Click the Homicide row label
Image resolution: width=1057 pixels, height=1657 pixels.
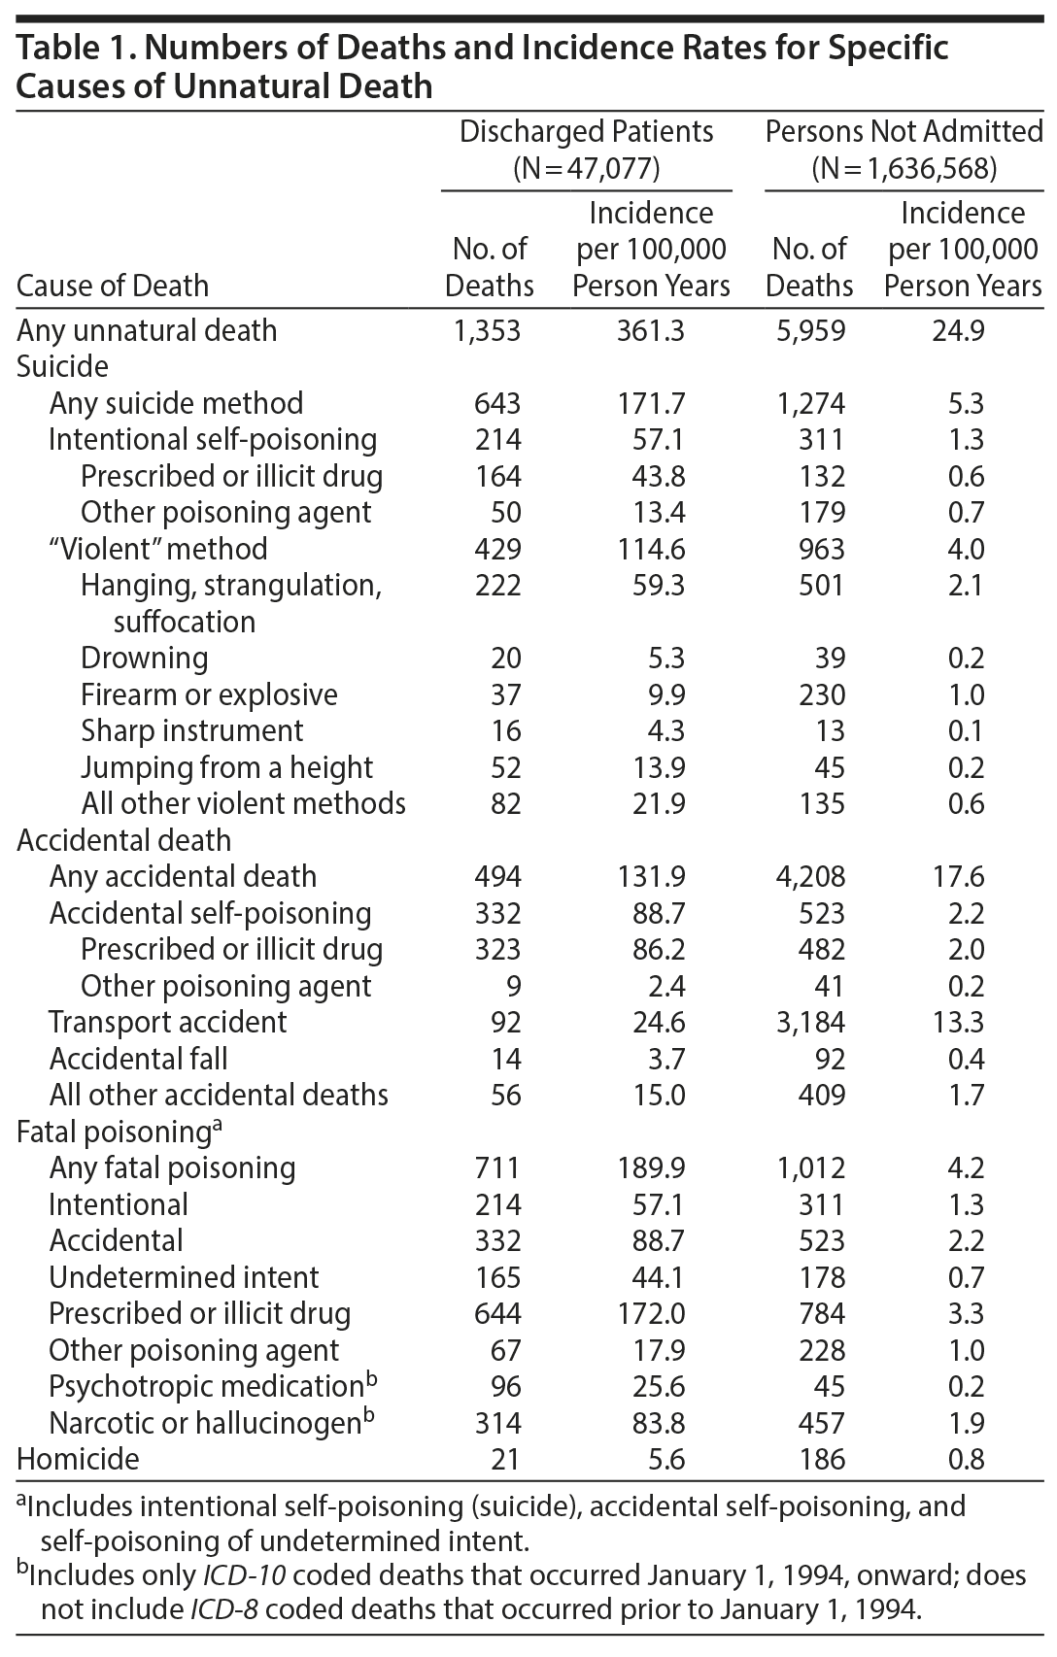(79, 1459)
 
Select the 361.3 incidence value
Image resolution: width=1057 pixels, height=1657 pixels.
(650, 330)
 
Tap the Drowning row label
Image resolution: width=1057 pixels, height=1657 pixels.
(145, 658)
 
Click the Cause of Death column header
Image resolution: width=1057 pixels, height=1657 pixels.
(113, 286)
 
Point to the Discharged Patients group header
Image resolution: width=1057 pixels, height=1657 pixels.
(586, 132)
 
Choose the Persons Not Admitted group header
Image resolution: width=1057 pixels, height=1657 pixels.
(904, 132)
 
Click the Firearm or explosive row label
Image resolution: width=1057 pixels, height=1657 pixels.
(209, 694)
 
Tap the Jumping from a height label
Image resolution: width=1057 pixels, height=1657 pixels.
(226, 767)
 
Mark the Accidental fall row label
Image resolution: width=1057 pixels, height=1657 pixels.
(139, 1059)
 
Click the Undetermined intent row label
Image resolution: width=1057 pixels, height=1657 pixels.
(184, 1277)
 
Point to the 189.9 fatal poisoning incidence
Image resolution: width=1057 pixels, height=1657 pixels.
(650, 1167)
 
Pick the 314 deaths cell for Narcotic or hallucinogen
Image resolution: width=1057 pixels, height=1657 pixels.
(497, 1423)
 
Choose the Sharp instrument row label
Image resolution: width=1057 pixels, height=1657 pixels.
(192, 730)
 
